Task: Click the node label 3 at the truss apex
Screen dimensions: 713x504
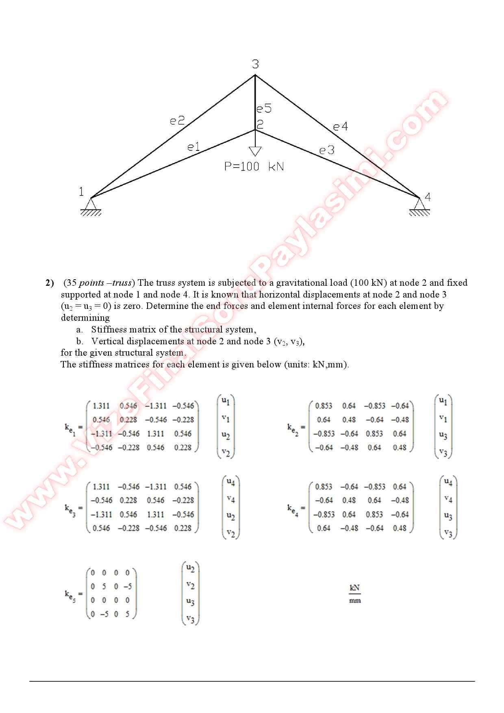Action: tap(255, 64)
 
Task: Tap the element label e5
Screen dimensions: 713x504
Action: tap(263, 109)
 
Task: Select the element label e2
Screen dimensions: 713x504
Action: tap(177, 120)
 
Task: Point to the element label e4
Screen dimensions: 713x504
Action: tap(340, 127)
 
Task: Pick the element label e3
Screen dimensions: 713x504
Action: tap(326, 150)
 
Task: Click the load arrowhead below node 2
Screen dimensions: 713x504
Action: tap(255, 152)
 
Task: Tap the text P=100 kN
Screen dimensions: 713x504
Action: tap(254, 167)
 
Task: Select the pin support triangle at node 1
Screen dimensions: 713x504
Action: tap(91, 203)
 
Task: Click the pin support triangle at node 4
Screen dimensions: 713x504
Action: tap(419, 203)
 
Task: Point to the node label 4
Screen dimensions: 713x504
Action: tap(428, 197)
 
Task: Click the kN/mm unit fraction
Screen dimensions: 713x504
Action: tap(355, 594)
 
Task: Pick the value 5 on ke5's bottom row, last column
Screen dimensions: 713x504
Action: tap(127, 614)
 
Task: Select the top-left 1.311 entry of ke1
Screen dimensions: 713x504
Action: tap(101, 406)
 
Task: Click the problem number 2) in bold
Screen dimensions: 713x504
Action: tap(50, 283)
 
